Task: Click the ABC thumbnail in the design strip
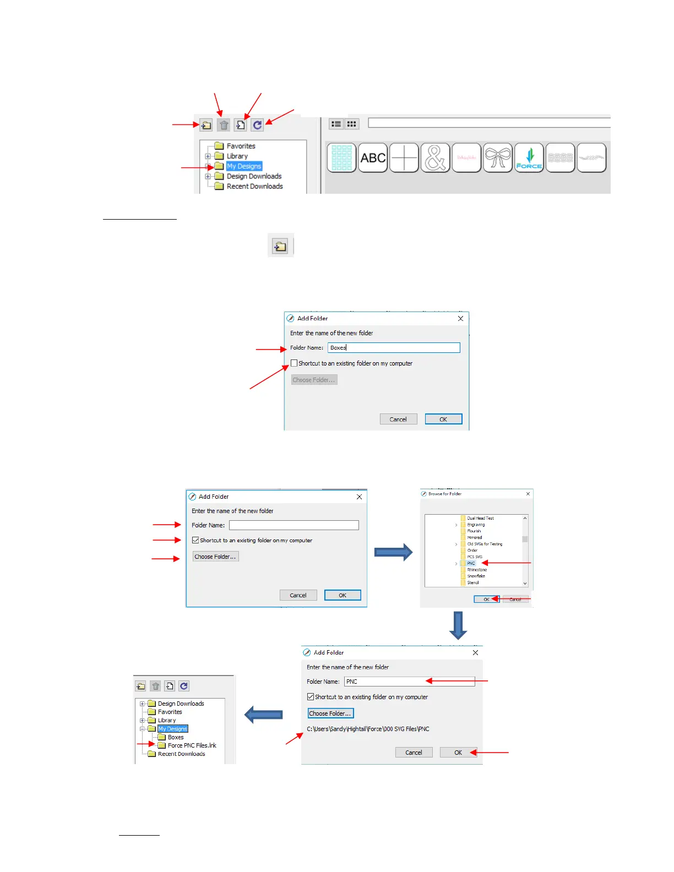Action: (x=373, y=158)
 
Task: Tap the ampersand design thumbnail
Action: (x=435, y=158)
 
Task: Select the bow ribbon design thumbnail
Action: (x=498, y=158)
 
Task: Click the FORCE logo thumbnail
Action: (x=529, y=158)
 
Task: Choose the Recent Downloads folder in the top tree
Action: (x=254, y=187)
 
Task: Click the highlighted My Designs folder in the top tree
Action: (x=244, y=166)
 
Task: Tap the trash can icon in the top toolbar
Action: (x=224, y=126)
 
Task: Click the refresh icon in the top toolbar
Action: (x=257, y=126)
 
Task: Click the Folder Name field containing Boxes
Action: (x=394, y=348)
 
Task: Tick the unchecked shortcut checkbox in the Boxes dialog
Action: (x=294, y=363)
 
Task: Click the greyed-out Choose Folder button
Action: (x=314, y=380)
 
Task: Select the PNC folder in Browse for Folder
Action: (x=471, y=563)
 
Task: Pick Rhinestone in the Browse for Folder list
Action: (x=477, y=570)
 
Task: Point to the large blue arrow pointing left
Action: (x=264, y=715)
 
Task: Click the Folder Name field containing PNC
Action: (x=409, y=682)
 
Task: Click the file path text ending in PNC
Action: (x=368, y=729)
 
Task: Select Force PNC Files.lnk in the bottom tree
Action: (x=192, y=745)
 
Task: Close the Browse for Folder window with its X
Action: (x=528, y=494)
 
